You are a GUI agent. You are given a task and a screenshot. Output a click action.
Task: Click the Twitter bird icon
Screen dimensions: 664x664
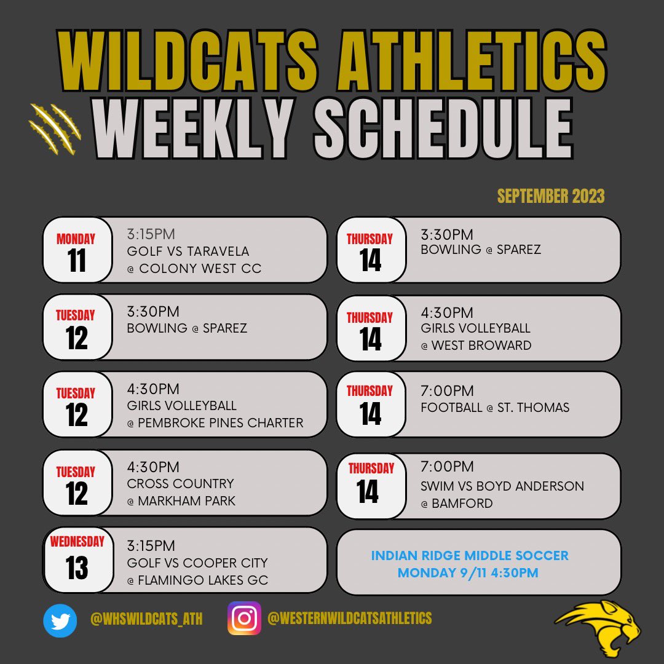tap(60, 620)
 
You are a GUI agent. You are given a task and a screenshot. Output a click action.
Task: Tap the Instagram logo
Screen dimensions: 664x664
tap(245, 619)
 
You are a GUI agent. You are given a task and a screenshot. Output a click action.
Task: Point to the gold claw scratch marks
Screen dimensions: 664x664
tap(55, 128)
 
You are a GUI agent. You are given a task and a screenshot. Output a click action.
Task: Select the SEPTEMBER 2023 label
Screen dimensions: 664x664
tap(551, 196)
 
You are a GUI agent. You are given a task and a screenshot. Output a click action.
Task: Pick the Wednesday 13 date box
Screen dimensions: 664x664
tap(77, 559)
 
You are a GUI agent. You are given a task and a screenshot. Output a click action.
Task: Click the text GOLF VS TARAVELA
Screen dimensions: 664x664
tap(188, 251)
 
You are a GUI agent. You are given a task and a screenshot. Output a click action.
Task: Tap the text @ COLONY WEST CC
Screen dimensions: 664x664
tap(194, 269)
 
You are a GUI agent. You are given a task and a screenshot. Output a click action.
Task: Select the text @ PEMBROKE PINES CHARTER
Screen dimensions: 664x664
tap(215, 423)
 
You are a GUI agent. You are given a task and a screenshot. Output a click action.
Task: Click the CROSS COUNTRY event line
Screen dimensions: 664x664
tap(180, 484)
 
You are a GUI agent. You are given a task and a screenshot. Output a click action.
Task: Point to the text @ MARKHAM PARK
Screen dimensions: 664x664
tap(181, 501)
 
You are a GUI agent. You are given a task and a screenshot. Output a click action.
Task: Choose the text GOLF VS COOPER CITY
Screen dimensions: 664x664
tap(197, 563)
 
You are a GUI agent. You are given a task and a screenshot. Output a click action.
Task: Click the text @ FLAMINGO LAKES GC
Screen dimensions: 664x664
tap(197, 580)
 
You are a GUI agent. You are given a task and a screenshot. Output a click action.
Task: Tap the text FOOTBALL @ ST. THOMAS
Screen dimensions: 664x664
tap(495, 408)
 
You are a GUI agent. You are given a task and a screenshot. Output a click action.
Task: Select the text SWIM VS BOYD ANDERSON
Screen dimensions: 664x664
tap(502, 486)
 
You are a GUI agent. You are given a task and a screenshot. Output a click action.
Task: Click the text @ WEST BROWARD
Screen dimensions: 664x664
tap(476, 346)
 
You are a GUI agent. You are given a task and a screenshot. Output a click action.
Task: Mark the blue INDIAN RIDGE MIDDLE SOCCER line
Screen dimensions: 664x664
tap(470, 556)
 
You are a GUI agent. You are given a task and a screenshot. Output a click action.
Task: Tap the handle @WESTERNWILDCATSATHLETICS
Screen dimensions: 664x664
tap(350, 619)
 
